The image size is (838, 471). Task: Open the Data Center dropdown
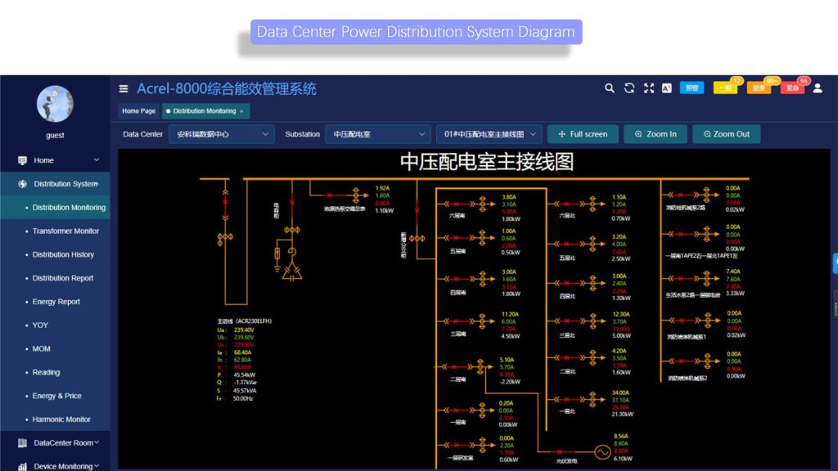click(x=221, y=134)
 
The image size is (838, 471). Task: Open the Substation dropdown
click(x=377, y=134)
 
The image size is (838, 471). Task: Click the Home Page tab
click(x=138, y=111)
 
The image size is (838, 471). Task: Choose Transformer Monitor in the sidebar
click(x=65, y=231)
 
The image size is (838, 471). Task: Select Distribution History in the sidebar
click(x=63, y=255)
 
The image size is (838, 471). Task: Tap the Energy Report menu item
click(x=56, y=302)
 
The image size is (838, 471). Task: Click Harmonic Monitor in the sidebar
click(x=61, y=419)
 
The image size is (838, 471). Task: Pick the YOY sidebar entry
click(x=40, y=325)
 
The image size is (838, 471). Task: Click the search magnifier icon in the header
click(x=610, y=88)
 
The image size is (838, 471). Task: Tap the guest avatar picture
click(x=55, y=104)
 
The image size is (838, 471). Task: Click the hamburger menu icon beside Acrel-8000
click(x=124, y=89)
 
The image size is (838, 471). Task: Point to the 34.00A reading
click(x=621, y=393)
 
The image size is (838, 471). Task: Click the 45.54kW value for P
click(x=245, y=375)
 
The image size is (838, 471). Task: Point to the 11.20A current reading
click(x=509, y=314)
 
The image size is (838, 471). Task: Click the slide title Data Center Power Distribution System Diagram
click(x=416, y=32)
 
